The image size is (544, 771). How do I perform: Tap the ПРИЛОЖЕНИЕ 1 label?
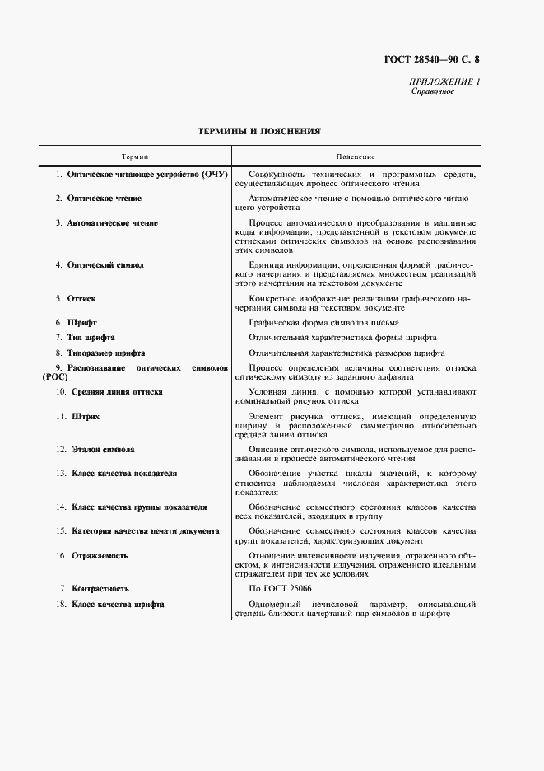tap(444, 82)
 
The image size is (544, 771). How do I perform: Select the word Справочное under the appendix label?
tap(433, 91)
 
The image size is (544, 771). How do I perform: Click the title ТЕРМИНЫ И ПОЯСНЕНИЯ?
tap(259, 131)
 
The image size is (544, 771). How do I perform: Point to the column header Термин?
tap(135, 156)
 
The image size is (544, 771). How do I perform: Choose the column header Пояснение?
tap(356, 156)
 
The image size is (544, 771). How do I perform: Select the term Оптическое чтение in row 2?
tap(104, 199)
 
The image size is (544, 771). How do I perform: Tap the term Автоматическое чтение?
tap(112, 223)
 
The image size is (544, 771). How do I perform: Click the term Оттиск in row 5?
tap(81, 298)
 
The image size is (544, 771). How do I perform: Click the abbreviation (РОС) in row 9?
tap(53, 376)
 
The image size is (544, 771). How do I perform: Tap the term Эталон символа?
tap(101, 450)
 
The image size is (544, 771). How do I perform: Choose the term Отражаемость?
tap(97, 556)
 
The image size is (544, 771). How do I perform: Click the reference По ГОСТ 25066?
tap(280, 589)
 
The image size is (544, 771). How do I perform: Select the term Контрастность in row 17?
tap(100, 589)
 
